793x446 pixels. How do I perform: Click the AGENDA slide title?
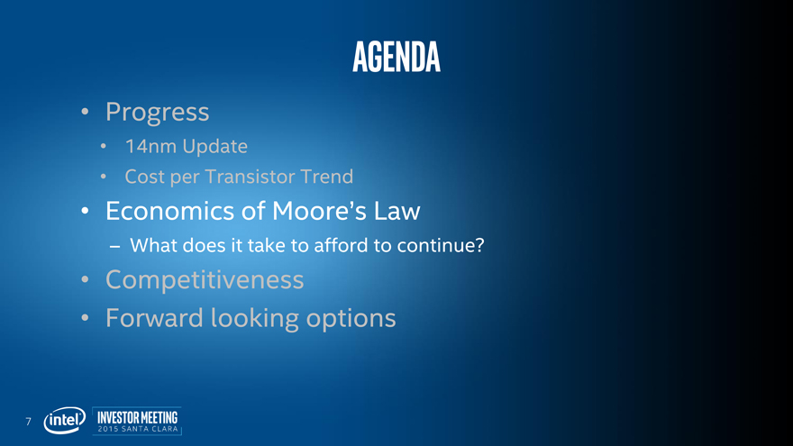pyautogui.click(x=396, y=57)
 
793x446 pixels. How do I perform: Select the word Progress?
pyautogui.click(x=158, y=113)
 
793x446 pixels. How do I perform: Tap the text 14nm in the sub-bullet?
pyautogui.click(x=150, y=146)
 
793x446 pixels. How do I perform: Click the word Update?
pyautogui.click(x=215, y=147)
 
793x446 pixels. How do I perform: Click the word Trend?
pyautogui.click(x=327, y=177)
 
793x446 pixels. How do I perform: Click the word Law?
pyautogui.click(x=397, y=211)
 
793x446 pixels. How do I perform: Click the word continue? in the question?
pyautogui.click(x=441, y=245)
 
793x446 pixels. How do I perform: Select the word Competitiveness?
pyautogui.click(x=205, y=280)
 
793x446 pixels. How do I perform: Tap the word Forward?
pyautogui.click(x=154, y=318)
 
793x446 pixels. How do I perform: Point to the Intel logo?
pyautogui.click(x=65, y=420)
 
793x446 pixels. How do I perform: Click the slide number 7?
pyautogui.click(x=28, y=422)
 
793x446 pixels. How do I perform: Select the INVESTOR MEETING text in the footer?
pyautogui.click(x=138, y=417)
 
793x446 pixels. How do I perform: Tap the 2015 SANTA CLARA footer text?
pyautogui.click(x=138, y=429)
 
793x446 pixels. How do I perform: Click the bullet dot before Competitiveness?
pyautogui.click(x=85, y=279)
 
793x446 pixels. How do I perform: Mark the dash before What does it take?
pyautogui.click(x=114, y=246)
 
